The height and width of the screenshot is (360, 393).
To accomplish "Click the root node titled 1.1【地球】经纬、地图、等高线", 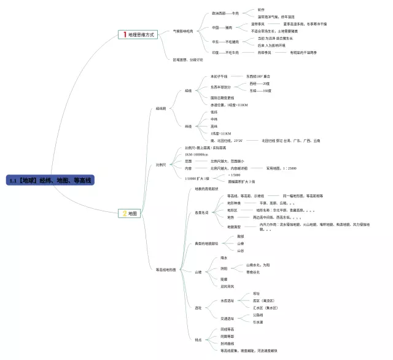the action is point(50,180).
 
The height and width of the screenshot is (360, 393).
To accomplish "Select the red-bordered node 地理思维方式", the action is point(138,35).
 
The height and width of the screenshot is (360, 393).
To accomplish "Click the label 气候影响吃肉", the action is point(183,31).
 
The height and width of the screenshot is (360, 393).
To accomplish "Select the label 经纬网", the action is point(161,109).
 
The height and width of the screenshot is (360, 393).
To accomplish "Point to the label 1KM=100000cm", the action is point(197,154).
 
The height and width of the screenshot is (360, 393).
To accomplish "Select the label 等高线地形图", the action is point(166,269).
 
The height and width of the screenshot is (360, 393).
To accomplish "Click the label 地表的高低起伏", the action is point(206,189).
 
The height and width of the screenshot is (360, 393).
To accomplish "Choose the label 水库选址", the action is point(227,301).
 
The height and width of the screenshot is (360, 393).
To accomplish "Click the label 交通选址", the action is point(227,318).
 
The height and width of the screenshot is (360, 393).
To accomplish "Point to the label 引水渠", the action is point(258,322).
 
